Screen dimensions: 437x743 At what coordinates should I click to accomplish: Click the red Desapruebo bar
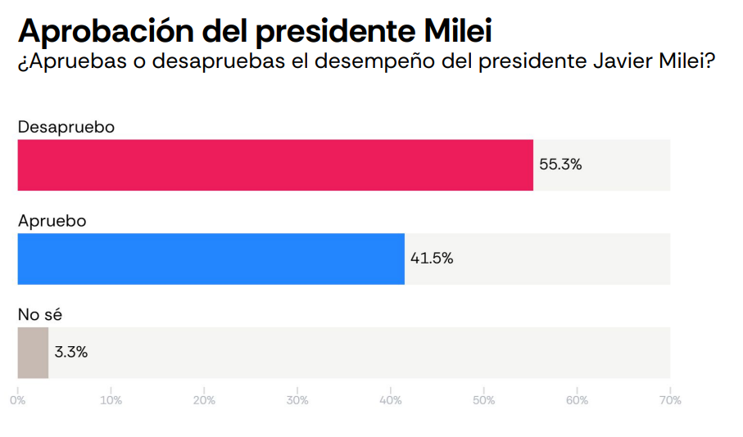click(275, 164)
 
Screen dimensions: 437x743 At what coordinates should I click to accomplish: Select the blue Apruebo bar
click(211, 259)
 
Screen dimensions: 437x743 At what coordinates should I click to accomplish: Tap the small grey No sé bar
click(33, 353)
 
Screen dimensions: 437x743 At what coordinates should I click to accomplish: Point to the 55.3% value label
click(560, 164)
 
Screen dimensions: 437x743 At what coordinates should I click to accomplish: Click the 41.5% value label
click(432, 259)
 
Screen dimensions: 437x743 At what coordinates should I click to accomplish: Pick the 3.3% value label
click(71, 353)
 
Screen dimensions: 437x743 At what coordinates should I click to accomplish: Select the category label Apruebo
click(52, 221)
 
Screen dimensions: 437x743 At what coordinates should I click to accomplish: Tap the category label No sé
click(39, 315)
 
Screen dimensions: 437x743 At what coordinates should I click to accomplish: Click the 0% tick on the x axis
click(17, 401)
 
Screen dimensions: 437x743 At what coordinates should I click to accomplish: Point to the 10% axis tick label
click(111, 401)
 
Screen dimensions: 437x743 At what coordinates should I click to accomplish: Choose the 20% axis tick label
click(204, 401)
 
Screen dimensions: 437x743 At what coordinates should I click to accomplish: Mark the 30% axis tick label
click(297, 401)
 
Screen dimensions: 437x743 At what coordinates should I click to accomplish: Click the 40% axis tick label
click(391, 401)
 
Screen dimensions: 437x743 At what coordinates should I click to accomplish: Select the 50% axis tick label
click(484, 401)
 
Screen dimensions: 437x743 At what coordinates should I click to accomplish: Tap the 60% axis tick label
click(578, 401)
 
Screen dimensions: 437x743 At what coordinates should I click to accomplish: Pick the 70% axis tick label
click(670, 401)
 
